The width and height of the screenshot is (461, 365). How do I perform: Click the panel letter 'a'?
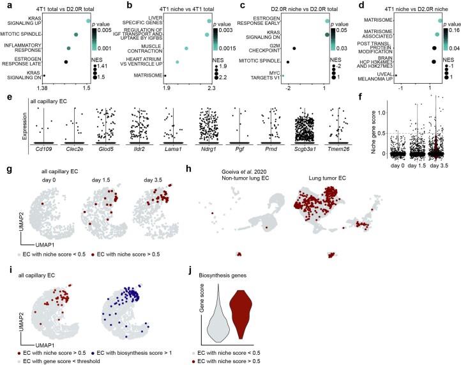(6, 5)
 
